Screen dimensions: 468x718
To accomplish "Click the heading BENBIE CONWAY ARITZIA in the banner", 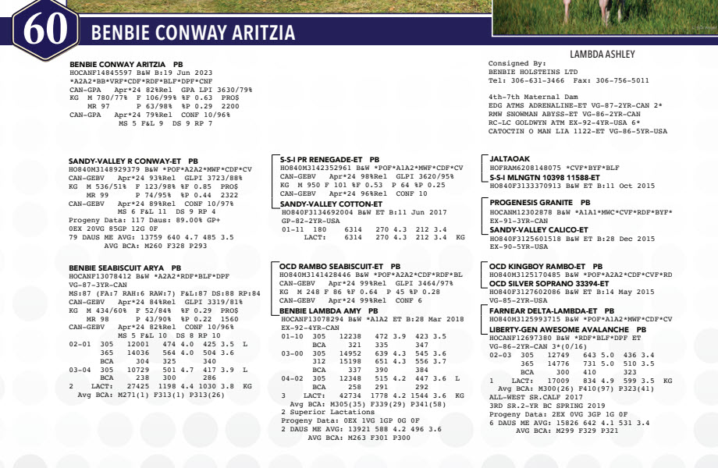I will [x=193, y=34].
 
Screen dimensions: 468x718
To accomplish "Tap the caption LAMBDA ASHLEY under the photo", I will [x=602, y=55].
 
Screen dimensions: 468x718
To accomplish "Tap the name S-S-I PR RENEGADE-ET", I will [x=321, y=158].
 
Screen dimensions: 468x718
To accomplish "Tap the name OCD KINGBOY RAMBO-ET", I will [x=533, y=266].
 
